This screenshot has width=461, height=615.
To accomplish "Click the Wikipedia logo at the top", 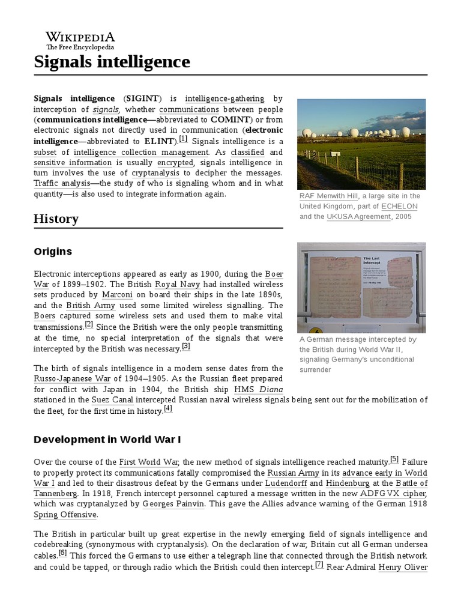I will pos(80,40).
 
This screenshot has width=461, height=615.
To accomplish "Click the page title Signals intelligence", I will pos(112,61).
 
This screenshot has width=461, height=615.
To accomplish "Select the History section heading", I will pos(56,219).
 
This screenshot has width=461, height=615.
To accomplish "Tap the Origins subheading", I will pos(53,252).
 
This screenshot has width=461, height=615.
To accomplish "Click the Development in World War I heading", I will pos(107,439).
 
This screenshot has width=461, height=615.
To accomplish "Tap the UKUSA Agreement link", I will pos(358,217).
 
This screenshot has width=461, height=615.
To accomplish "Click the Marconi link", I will pos(118,295).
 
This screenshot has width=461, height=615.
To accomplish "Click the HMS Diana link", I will pos(258,390).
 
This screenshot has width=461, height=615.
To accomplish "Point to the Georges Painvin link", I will pos(174,504).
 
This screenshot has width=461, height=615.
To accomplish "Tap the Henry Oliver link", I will pos(403,567).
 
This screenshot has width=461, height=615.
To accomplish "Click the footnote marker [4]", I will pos(168,409).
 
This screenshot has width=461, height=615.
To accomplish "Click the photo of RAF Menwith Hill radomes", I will pos(361,144).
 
